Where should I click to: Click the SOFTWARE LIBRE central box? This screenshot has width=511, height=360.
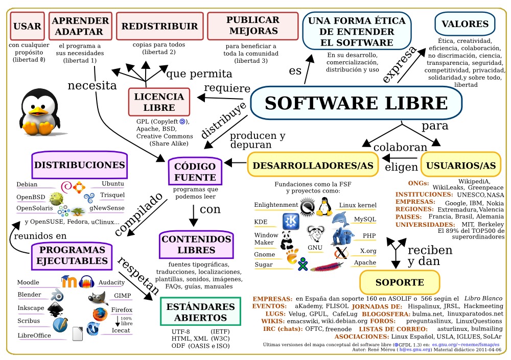[356, 103]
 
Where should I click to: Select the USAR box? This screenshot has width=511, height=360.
[28, 26]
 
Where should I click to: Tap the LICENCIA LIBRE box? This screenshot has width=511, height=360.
[159, 102]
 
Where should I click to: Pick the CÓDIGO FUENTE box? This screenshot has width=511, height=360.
[195, 172]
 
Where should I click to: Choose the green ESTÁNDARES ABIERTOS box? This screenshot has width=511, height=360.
[200, 311]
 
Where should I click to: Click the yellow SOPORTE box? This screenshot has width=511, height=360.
[400, 282]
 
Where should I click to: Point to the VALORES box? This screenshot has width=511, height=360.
[465, 24]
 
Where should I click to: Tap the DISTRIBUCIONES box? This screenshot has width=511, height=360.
[80, 165]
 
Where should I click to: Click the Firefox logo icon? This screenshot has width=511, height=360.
[100, 314]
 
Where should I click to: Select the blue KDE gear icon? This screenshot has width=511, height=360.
[291, 222]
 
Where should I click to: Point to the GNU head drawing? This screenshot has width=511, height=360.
[315, 233]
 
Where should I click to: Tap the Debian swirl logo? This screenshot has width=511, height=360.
[66, 187]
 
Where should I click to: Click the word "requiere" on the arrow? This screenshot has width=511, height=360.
[227, 88]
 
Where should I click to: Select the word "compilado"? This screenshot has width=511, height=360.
[138, 214]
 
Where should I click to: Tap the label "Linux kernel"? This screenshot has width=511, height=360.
[358, 205]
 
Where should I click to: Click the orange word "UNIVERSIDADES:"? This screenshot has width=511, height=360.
[425, 225]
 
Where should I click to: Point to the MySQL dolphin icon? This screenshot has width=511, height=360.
[340, 219]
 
